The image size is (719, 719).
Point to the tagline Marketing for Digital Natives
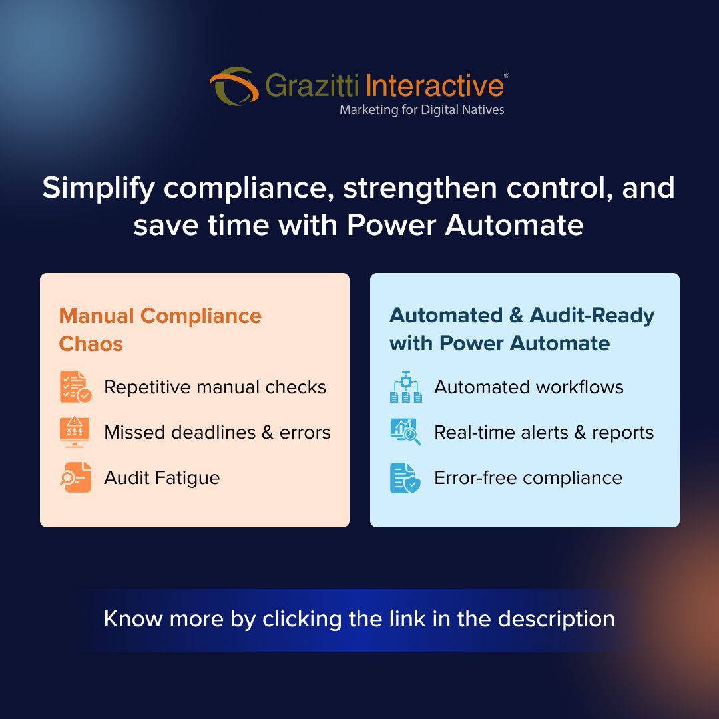[x=421, y=110]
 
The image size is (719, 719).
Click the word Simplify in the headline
[x=99, y=188]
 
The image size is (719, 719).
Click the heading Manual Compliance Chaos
[x=160, y=329]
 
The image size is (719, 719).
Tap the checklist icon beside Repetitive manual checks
[x=75, y=387]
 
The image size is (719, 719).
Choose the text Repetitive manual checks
[x=215, y=387]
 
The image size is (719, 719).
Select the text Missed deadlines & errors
[x=217, y=433]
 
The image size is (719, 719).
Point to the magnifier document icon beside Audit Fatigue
[x=75, y=477]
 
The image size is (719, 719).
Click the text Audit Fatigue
[x=162, y=478]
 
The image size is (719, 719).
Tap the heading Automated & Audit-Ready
[x=522, y=316]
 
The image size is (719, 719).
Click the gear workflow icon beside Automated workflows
[x=405, y=387]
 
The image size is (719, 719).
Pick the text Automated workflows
[x=529, y=387]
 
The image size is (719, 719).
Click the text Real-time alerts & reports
[x=544, y=433]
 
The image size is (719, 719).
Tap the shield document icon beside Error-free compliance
[x=405, y=477]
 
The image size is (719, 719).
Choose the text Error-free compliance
[x=528, y=478]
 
